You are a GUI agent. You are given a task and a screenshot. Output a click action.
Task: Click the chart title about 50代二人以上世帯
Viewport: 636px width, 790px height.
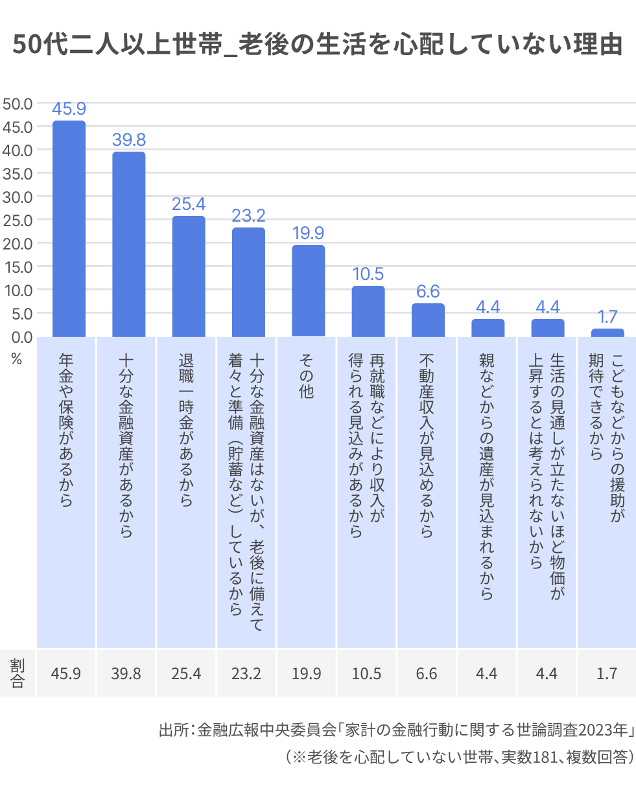(318, 45)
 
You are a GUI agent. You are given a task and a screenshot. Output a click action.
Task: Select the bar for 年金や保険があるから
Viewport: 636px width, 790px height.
(69, 228)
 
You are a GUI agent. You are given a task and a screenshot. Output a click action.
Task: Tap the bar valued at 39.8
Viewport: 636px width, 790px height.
(128, 244)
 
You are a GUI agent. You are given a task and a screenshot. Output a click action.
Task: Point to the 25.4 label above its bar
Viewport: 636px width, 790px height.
(189, 203)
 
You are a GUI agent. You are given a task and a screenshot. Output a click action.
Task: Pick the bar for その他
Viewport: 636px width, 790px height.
(308, 290)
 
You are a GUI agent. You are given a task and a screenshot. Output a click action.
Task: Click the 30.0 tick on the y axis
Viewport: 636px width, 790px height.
(18, 196)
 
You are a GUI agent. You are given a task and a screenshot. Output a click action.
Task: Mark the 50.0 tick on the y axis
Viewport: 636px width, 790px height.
(18, 103)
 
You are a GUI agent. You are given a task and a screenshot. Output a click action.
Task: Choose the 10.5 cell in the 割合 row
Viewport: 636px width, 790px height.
(366, 673)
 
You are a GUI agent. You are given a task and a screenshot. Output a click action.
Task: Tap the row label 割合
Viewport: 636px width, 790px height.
(18, 673)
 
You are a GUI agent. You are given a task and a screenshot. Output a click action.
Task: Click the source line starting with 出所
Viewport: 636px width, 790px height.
(395, 730)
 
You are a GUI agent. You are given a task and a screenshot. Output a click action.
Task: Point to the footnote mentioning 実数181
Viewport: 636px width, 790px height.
(457, 757)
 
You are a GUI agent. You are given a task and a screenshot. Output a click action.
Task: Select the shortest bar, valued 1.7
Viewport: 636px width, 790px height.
(607, 332)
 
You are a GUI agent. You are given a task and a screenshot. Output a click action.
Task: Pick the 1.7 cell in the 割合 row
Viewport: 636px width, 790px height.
(607, 673)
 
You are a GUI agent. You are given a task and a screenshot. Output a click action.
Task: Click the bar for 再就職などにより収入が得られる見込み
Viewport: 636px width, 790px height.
(368, 311)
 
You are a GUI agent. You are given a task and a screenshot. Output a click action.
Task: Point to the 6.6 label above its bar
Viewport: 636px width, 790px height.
(428, 292)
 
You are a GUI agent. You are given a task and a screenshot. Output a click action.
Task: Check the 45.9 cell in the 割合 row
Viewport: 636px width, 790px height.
(66, 673)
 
